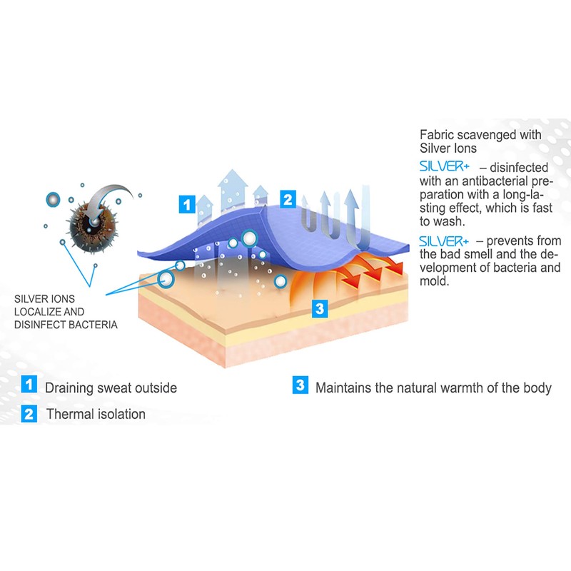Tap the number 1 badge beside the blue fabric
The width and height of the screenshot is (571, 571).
[x=186, y=204]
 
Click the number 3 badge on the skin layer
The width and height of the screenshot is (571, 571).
[x=320, y=309]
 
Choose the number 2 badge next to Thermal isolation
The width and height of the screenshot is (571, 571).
[x=29, y=413]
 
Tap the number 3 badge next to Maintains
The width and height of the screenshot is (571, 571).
[x=300, y=385]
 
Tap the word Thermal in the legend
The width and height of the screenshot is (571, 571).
[x=69, y=414]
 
